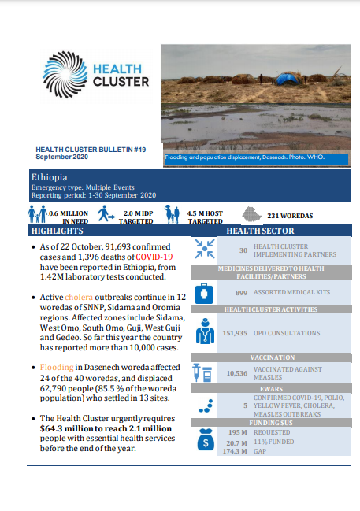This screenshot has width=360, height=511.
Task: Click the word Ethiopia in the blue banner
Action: pos(49,177)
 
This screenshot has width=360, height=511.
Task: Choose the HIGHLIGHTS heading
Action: pos(57,231)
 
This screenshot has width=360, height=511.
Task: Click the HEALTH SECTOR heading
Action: pos(260,231)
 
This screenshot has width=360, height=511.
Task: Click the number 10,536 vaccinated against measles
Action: pos(236,374)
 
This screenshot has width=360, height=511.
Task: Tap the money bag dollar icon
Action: pos(204,442)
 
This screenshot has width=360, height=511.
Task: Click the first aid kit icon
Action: pos(204,292)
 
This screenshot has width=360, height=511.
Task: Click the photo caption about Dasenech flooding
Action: pos(244,157)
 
